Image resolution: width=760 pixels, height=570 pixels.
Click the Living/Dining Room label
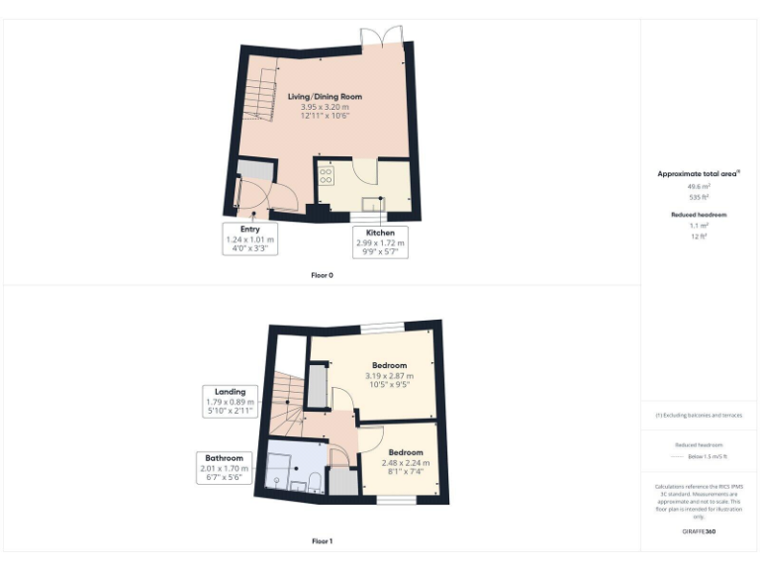pos(325,97)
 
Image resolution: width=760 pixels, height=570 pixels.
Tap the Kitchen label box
pos(380,242)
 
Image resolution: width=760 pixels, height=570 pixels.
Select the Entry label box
pos(249,238)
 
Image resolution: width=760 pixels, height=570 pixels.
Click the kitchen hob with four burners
pos(327,174)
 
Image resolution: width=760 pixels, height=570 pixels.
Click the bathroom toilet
pos(313,482)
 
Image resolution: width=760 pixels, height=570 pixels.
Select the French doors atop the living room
pos(382,37)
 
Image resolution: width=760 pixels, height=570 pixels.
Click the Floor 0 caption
pos(322,274)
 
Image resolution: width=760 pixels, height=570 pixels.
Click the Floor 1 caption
pos(322,541)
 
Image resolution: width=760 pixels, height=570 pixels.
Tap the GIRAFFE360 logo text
pos(699,531)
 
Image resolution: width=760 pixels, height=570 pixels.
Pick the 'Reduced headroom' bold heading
pos(699,214)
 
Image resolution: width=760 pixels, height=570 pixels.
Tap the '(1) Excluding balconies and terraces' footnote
pos(699,416)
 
